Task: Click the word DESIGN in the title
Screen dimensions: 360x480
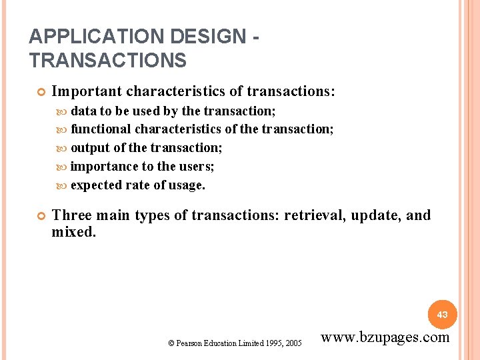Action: tap(196, 36)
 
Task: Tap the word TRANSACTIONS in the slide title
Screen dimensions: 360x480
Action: tap(108, 60)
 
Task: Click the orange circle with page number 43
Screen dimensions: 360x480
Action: tap(443, 314)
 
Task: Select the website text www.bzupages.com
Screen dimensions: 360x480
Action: tap(385, 337)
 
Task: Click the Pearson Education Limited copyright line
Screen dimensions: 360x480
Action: tap(235, 343)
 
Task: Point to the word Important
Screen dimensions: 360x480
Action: tap(87, 91)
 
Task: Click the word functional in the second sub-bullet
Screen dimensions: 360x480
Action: tap(101, 129)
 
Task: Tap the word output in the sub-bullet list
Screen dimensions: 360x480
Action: tap(90, 147)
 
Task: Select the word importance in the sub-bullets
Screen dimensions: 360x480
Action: tap(103, 166)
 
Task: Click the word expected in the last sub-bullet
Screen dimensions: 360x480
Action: tap(97, 185)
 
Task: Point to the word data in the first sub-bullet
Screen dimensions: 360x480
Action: tap(83, 110)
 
